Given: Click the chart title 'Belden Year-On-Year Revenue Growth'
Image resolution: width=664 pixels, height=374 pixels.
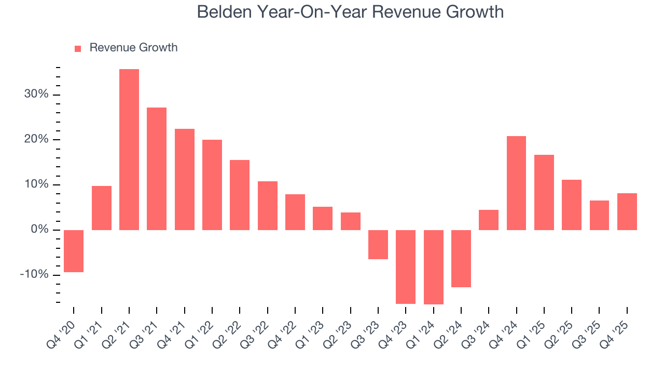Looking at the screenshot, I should (350, 12).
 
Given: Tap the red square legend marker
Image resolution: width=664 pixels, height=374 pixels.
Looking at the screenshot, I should (78, 48).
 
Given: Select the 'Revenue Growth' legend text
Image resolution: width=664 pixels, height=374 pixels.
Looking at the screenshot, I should (133, 48).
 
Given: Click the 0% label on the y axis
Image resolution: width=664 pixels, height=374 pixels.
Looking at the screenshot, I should (38, 230).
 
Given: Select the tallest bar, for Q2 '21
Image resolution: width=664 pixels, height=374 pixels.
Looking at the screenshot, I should (129, 150).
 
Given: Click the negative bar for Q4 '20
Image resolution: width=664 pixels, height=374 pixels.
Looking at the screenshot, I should (74, 251).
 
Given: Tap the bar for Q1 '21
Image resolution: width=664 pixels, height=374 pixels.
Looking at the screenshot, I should (102, 208).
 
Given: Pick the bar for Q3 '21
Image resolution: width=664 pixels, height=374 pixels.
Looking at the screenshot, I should (157, 169).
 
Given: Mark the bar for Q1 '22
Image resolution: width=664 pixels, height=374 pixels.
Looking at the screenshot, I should (212, 185).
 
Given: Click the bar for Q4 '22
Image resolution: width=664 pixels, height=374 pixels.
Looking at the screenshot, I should (295, 212).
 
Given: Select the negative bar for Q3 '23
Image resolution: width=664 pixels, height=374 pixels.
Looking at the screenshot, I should (378, 244).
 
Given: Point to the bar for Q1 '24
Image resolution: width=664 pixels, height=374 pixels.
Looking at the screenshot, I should (433, 267).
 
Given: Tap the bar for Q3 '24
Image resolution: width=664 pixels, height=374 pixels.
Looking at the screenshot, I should (489, 220).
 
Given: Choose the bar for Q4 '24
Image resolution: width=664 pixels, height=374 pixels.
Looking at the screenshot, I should (516, 183).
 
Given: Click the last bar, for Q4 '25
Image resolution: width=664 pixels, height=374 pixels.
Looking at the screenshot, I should (627, 211).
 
